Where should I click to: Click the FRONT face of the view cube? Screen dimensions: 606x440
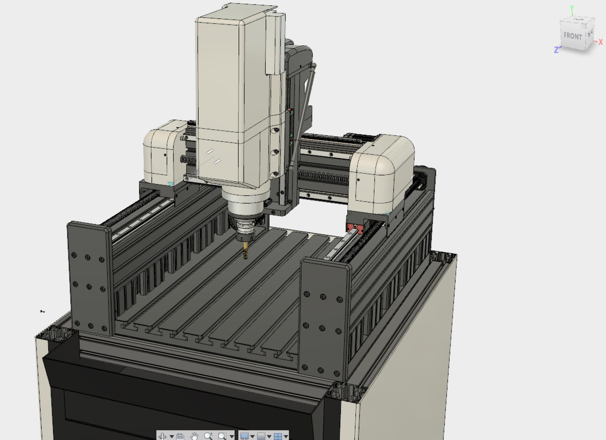[573, 36]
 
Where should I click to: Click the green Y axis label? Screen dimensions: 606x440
[572, 8]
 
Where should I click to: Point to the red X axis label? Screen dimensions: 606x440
[600, 42]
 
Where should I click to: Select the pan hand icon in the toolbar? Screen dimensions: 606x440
[194, 436]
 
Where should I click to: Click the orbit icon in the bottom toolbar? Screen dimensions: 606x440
[162, 436]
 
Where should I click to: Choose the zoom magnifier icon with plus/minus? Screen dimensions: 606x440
[208, 436]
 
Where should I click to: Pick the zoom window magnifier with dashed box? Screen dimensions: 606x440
[222, 436]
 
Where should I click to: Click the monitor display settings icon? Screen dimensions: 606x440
[244, 436]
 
